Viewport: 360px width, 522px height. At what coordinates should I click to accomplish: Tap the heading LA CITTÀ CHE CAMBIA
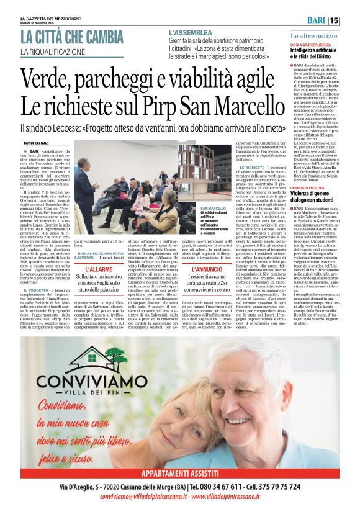click(72, 37)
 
